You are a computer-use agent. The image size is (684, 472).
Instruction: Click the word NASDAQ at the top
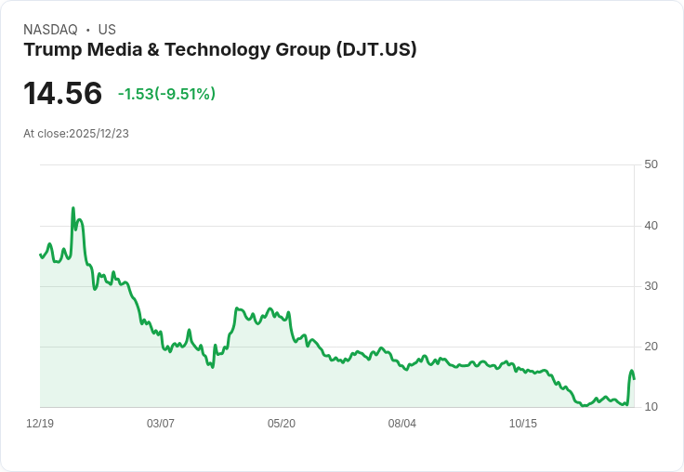[50, 30]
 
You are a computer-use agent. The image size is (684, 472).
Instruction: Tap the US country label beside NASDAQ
[107, 30]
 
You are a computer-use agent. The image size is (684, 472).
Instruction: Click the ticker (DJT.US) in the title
[375, 50]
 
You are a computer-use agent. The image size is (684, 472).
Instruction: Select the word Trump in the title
[52, 50]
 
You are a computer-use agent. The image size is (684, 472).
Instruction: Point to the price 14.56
[62, 94]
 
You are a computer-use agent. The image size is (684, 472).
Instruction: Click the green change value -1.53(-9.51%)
[166, 94]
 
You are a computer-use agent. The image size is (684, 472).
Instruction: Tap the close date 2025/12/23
[99, 134]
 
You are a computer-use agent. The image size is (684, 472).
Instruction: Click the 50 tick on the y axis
[651, 164]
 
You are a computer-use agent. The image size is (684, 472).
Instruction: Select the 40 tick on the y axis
[651, 225]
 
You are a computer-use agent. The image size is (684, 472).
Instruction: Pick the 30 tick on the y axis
[651, 285]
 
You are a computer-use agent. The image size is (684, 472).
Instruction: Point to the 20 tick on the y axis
[651, 347]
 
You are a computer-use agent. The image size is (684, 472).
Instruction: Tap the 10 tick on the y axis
[651, 407]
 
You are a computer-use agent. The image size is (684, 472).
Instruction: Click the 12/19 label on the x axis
[40, 424]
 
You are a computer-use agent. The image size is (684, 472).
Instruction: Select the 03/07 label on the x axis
[161, 424]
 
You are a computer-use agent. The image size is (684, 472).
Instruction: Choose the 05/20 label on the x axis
[282, 424]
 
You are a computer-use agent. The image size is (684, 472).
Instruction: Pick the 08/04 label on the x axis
[402, 424]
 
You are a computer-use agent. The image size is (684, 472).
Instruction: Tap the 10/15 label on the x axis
[523, 424]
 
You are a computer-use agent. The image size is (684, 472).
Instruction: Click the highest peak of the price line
[73, 209]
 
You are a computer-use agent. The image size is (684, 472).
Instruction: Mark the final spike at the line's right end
[632, 372]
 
